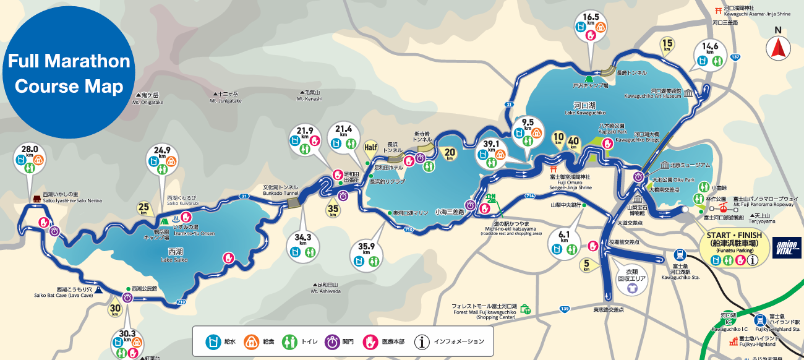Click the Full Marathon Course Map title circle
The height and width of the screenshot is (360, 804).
pyautogui.click(x=69, y=73)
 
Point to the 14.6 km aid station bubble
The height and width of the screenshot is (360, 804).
pyautogui.click(x=710, y=55)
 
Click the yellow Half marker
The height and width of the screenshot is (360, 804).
pyautogui.click(x=370, y=148)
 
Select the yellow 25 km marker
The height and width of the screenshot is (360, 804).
pyautogui.click(x=144, y=208)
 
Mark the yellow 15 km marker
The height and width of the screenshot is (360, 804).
pyautogui.click(x=667, y=45)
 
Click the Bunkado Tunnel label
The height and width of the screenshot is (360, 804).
pyautogui.click(x=281, y=189)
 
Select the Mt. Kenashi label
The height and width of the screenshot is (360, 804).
pyautogui.click(x=309, y=96)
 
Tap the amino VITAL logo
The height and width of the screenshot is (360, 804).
pyautogui.click(x=787, y=247)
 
